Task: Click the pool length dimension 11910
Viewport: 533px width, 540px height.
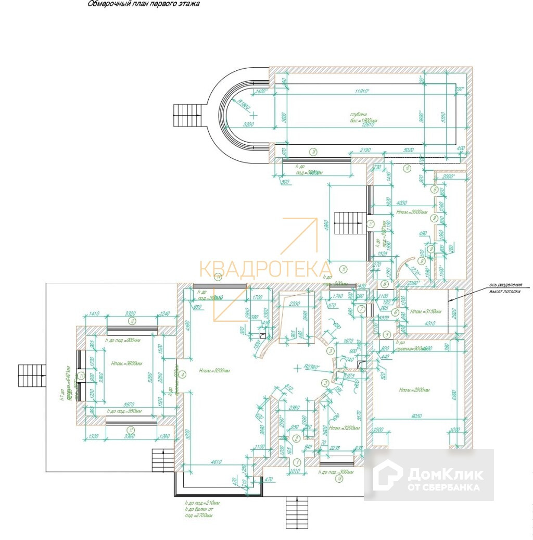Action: click(x=362, y=92)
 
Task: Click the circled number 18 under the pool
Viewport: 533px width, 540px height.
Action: click(x=313, y=153)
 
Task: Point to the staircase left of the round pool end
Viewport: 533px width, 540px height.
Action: click(x=184, y=115)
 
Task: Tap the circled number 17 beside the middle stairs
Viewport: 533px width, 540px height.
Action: click(x=371, y=224)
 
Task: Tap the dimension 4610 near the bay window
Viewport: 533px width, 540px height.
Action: click(x=216, y=461)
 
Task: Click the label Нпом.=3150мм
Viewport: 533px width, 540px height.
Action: click(x=425, y=311)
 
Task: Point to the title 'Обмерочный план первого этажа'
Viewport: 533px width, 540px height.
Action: click(x=143, y=4)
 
